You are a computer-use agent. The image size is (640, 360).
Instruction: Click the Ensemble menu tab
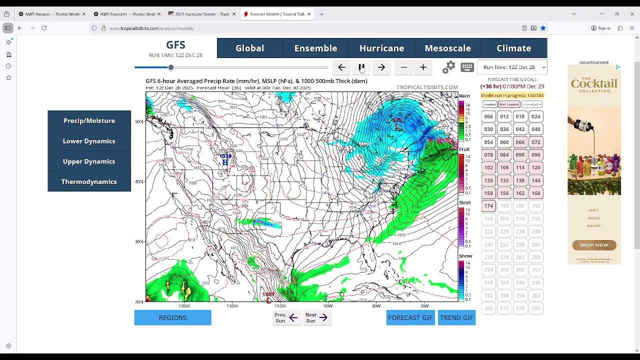pyautogui.click(x=315, y=48)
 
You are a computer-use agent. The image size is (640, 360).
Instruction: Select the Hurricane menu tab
pyautogui.click(x=381, y=48)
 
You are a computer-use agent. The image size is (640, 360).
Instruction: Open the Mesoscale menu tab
pyautogui.click(x=447, y=48)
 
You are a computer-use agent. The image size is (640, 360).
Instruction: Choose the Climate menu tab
pyautogui.click(x=513, y=48)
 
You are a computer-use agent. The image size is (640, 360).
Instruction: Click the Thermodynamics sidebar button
pyautogui.click(x=89, y=181)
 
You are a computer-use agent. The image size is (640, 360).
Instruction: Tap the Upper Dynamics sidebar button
pyautogui.click(x=89, y=161)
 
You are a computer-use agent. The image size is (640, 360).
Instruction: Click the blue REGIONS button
pyautogui.click(x=172, y=317)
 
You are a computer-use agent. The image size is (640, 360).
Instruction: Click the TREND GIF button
pyautogui.click(x=456, y=317)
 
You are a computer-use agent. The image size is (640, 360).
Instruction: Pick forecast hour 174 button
pyautogui.click(x=488, y=205)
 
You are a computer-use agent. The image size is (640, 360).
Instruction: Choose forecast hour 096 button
pyautogui.click(x=535, y=154)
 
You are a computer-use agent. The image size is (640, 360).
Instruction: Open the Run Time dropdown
pyautogui.click(x=512, y=67)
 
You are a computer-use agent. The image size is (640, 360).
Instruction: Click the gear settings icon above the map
pyautogui.click(x=448, y=67)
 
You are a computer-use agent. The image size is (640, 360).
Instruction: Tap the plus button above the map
pyautogui.click(x=423, y=67)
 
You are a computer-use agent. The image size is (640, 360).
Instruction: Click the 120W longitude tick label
pyautogui.click(x=184, y=305)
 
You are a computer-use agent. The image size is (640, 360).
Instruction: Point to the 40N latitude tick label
pyautogui.click(x=139, y=181)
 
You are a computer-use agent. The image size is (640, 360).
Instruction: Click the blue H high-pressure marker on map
pyautogui.click(x=225, y=162)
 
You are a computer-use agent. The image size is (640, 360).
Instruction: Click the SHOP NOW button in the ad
pyautogui.click(x=594, y=245)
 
